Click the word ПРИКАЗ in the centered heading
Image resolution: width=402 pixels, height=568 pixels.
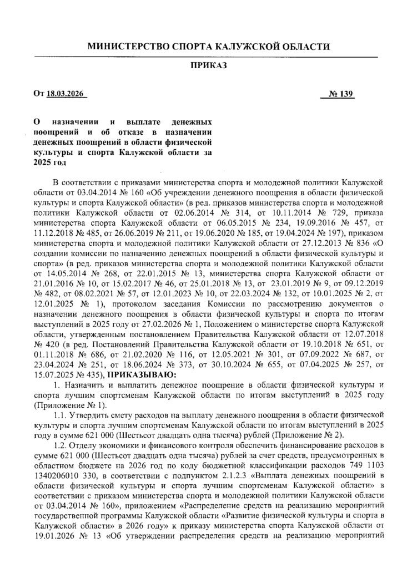[x=206, y=65]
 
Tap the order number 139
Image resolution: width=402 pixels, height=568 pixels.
[x=348, y=94]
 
